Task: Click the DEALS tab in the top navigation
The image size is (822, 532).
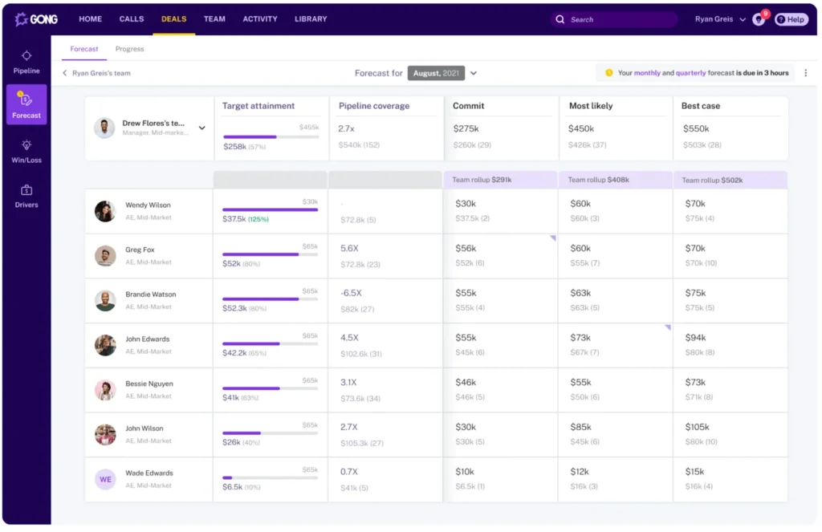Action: (173, 18)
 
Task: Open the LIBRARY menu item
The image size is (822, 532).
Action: (311, 18)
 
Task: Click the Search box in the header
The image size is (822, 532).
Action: (614, 19)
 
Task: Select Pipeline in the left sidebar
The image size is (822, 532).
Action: (26, 61)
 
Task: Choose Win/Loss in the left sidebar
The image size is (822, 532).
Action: (26, 150)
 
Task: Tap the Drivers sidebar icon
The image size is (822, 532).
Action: (26, 195)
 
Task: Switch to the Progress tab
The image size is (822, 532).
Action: (129, 49)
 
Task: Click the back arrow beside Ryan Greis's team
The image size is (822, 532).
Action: (65, 73)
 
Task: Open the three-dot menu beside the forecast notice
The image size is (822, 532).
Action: (805, 73)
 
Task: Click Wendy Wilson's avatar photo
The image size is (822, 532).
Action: (105, 211)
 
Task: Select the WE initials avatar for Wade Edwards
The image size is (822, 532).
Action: (105, 479)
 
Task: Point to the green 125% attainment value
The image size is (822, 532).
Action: (258, 219)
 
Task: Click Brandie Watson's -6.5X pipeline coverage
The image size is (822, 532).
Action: (351, 293)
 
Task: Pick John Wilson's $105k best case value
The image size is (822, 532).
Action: (698, 427)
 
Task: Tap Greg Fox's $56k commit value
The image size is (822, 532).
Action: (466, 249)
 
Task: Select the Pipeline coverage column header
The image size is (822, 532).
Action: (374, 106)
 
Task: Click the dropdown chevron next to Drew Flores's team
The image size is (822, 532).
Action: (201, 128)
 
